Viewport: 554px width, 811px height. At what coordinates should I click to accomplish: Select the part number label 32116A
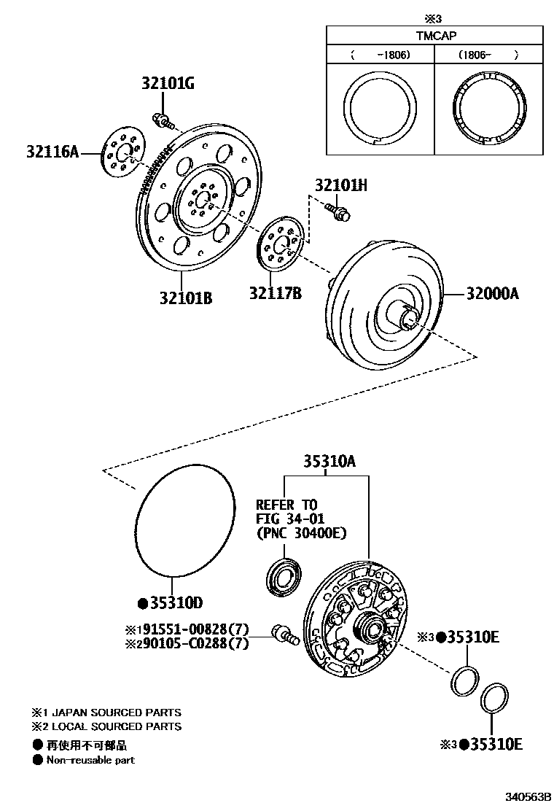52,152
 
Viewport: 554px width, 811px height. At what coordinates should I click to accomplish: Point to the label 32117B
275,294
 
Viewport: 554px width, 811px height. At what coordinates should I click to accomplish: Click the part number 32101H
340,186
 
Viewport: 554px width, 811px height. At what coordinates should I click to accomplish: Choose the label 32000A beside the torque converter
492,294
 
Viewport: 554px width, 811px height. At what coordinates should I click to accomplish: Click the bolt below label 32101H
338,211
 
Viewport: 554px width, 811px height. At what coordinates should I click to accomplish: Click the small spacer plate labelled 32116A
122,155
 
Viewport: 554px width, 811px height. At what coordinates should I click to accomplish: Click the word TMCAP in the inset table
434,34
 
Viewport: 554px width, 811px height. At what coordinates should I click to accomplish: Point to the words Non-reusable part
90,760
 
